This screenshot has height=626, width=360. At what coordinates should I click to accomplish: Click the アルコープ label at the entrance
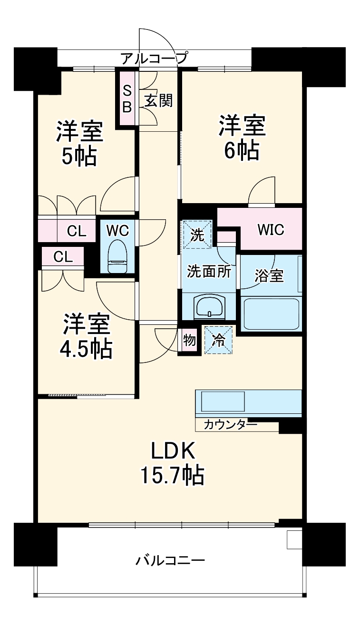(x=154, y=59)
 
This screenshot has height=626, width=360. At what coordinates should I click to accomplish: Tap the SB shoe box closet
(x=127, y=98)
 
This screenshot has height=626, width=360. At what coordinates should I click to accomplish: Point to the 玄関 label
(x=158, y=101)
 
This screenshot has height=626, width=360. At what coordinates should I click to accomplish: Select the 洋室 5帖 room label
(x=79, y=143)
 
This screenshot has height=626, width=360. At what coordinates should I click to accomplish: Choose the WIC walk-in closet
(x=271, y=230)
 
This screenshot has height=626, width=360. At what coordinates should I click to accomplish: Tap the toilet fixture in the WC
(x=117, y=256)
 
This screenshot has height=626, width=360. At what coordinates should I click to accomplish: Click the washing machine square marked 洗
(x=196, y=234)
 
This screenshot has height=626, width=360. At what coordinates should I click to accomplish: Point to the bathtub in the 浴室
(x=271, y=313)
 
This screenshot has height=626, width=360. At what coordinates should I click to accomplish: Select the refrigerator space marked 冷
(x=219, y=340)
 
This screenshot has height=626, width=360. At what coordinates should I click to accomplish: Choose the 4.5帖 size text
(x=86, y=350)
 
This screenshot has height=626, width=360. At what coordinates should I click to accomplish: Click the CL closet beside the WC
(x=76, y=231)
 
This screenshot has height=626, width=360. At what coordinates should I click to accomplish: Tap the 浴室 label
(x=269, y=276)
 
